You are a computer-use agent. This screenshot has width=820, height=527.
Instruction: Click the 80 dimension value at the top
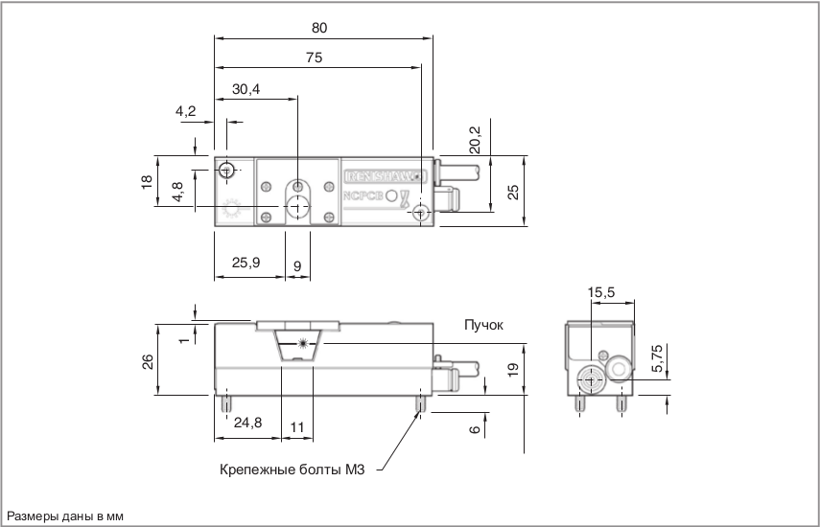pos(319,28)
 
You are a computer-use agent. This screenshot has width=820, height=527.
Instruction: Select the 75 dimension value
pos(315,57)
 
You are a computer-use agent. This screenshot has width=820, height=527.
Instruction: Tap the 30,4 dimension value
pos(246,89)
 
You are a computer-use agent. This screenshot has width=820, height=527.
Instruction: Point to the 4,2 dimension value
pos(185,112)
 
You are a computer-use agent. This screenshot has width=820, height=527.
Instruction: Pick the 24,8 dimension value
pos(247,422)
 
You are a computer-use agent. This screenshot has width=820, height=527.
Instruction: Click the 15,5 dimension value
pos(601,291)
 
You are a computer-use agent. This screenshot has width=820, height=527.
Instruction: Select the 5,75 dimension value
pos(656,355)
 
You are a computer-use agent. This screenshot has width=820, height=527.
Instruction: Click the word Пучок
pos(484,325)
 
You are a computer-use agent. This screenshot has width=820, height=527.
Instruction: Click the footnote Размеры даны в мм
pos(66,516)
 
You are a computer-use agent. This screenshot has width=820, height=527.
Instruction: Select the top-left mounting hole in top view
pos(225,171)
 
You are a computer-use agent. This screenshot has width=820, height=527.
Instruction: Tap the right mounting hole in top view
pos(421,215)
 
